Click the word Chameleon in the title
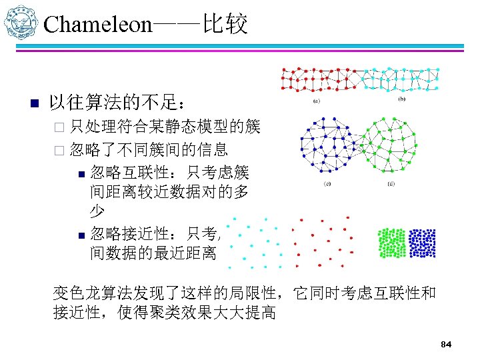98,25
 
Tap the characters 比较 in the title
227,25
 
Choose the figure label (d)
389,183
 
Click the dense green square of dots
392,243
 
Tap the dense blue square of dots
422,243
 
